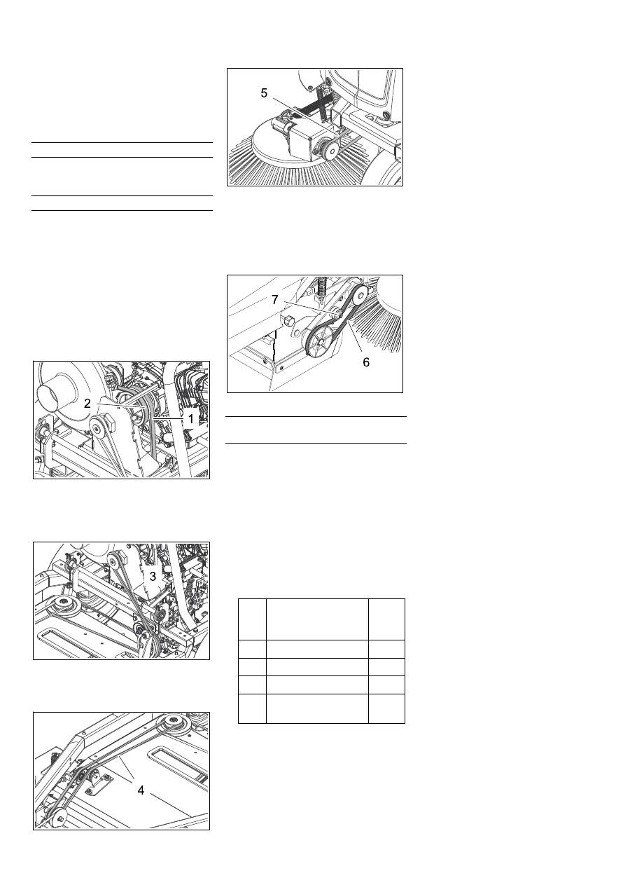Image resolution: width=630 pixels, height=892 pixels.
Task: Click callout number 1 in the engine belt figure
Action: (x=190, y=419)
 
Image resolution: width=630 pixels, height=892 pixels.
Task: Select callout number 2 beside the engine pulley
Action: (x=87, y=404)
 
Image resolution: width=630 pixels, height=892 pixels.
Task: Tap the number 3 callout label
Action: (x=153, y=576)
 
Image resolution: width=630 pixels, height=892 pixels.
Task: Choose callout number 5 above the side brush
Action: (x=264, y=92)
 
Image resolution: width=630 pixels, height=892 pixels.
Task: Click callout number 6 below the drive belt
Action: (x=366, y=362)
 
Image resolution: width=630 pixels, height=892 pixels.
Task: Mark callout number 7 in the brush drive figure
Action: (x=275, y=299)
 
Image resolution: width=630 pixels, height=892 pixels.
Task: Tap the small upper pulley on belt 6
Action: (x=360, y=295)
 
